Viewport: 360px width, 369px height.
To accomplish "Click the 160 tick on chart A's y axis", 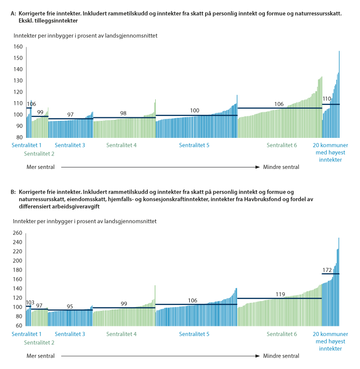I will coord(19,47).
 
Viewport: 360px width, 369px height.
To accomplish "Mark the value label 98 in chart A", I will coord(123,113).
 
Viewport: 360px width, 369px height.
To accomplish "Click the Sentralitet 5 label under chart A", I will coord(195,145).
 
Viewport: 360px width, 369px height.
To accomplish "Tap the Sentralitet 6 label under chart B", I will coord(281,334).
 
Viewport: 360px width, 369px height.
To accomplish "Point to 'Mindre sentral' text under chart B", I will coord(281,356).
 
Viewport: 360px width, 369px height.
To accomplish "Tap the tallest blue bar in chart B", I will coord(339,281).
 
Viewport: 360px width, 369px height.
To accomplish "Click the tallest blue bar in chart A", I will coord(339,95).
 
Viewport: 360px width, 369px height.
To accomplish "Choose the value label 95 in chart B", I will coord(70,306).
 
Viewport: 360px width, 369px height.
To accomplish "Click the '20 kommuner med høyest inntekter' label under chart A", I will coord(326,152).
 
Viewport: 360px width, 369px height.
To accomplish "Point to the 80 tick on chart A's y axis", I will coord(20,137).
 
